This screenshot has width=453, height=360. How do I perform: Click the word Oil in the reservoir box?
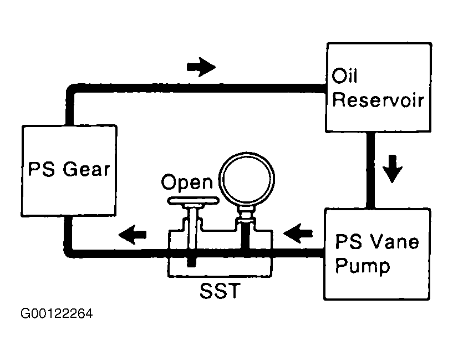coord(345,76)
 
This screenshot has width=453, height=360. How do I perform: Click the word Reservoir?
coord(378,100)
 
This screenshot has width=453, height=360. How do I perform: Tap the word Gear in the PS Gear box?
coord(86,169)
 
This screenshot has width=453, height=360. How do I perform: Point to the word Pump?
coord(363,266)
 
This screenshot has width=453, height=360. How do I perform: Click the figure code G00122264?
coord(57,313)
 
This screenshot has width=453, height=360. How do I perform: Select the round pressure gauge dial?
coord(247,179)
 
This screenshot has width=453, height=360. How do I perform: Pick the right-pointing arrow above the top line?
coord(201,67)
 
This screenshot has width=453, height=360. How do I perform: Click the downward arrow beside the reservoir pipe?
coord(393,169)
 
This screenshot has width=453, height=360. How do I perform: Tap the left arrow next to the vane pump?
coord(298,233)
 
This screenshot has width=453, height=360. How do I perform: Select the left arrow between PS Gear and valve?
coord(133,234)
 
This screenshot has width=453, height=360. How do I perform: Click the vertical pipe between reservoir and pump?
coord(371,170)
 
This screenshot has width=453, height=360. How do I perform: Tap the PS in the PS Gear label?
coord(42,169)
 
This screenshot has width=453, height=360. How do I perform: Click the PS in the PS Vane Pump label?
coord(348,241)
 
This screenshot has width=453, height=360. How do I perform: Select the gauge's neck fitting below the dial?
coord(246,215)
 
